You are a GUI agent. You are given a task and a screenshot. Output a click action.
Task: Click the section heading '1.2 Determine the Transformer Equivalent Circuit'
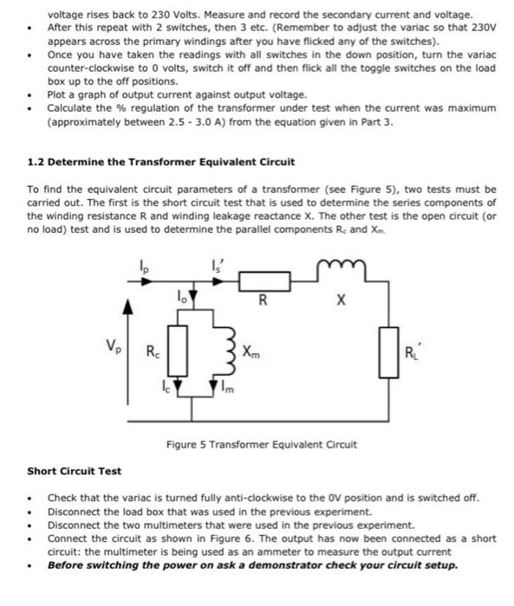[161, 162]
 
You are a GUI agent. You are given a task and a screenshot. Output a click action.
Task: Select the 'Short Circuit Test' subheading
[75, 471]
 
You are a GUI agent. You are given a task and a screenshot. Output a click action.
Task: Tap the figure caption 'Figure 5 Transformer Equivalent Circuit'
[262, 445]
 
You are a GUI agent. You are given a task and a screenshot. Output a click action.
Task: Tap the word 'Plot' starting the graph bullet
[57, 93]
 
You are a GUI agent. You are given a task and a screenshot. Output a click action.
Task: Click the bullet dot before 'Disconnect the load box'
[31, 512]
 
